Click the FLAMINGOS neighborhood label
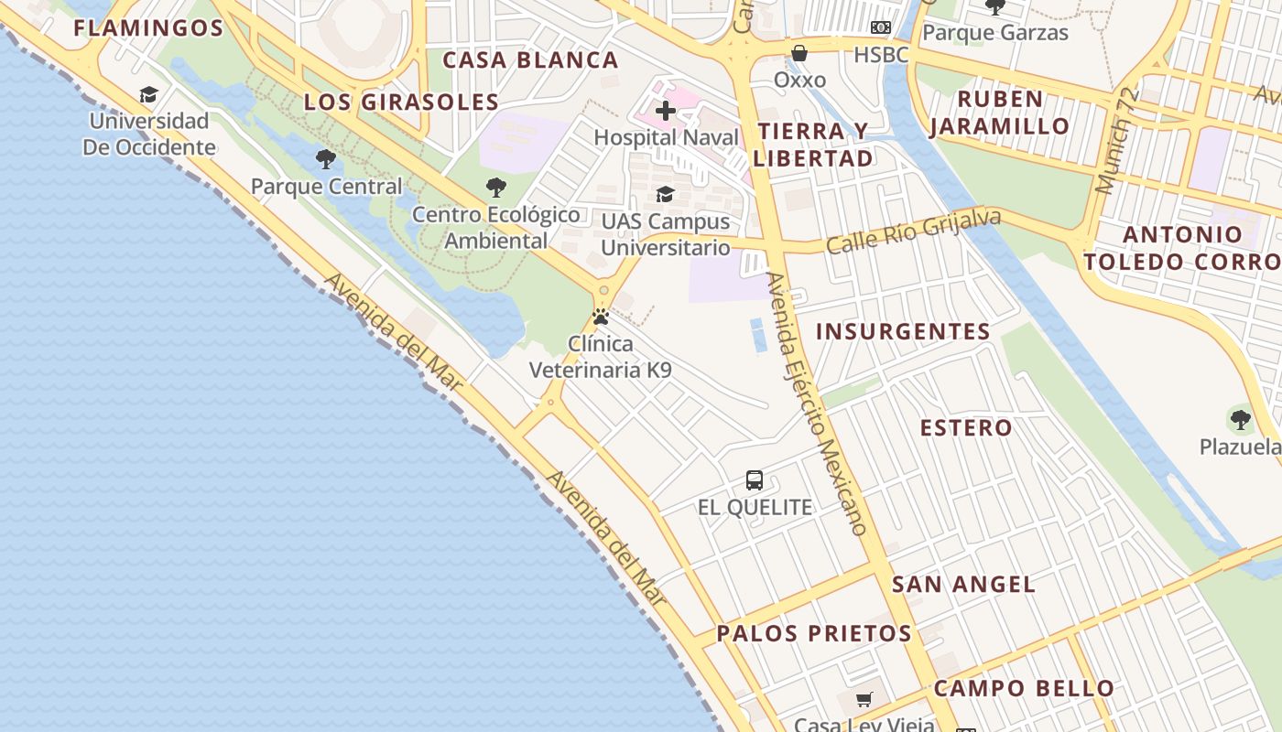(x=148, y=28)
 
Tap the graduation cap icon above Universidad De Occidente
(x=148, y=94)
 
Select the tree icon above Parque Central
(x=325, y=159)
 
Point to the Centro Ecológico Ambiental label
(x=496, y=228)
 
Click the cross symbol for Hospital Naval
(x=666, y=112)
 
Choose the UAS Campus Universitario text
(x=666, y=234)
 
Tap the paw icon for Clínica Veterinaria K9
(x=601, y=317)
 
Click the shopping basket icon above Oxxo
(x=799, y=53)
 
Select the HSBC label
(x=881, y=55)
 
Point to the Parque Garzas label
(x=994, y=33)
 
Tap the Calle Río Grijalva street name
(x=913, y=232)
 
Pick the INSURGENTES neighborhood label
(x=903, y=331)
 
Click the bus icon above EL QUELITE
(x=755, y=479)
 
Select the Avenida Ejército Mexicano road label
(x=817, y=404)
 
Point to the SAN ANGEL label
(x=963, y=585)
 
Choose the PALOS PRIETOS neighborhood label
(x=814, y=633)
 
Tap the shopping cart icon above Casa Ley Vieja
(x=864, y=700)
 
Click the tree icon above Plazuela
(x=1241, y=420)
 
